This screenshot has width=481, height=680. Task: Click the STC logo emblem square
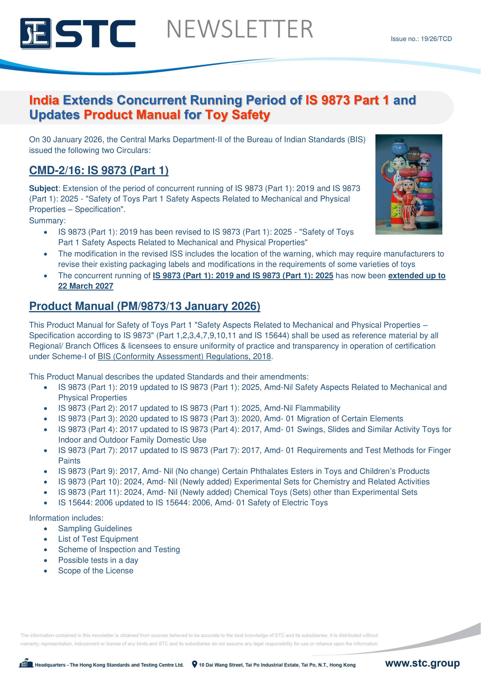click(35, 33)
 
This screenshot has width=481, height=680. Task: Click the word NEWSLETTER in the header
click(240, 29)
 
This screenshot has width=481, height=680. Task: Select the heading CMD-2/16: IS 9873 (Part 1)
click(99, 170)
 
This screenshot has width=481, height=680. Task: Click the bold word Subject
click(43, 188)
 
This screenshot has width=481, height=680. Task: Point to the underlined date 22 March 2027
click(85, 286)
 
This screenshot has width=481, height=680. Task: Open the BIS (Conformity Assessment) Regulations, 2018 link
click(184, 356)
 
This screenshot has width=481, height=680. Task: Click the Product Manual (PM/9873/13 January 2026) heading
click(145, 306)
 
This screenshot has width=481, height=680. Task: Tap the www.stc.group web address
click(422, 663)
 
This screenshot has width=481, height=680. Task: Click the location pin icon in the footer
click(195, 664)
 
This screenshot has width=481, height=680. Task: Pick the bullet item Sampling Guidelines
click(95, 528)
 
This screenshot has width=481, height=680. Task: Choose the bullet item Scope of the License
click(95, 570)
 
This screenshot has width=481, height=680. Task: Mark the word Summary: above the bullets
click(47, 221)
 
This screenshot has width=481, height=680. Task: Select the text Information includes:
click(66, 518)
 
